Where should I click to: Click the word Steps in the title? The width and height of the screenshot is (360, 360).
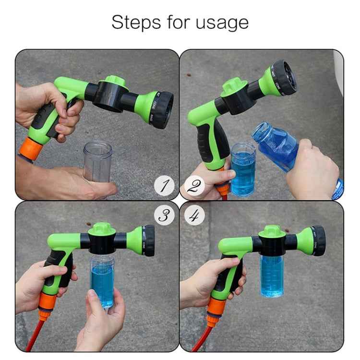135,23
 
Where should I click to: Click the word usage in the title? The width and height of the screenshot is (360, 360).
222,23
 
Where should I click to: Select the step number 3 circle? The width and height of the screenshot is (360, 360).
165,216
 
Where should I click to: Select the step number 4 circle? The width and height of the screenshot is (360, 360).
193,216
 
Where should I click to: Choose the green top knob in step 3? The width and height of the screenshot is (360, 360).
102,228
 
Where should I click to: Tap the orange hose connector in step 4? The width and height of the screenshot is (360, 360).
215,308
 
